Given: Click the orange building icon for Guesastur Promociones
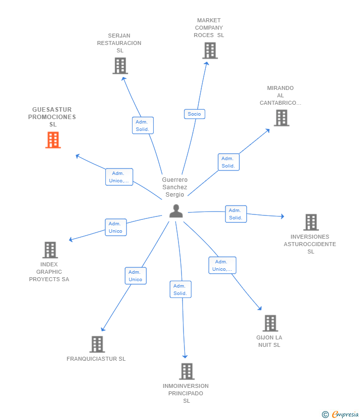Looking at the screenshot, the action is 53,140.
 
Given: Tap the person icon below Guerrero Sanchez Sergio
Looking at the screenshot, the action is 176,211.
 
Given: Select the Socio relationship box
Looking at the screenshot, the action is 195,114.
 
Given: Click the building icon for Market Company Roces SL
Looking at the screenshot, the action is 210,50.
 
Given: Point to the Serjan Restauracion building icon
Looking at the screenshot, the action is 120,66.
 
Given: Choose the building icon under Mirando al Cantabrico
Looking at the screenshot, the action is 281,118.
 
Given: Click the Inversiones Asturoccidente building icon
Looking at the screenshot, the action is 311,222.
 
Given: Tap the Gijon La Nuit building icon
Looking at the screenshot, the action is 270,323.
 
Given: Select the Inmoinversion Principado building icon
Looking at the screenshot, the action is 187,372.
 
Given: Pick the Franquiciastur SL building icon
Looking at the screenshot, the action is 97,344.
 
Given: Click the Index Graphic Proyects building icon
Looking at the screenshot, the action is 50,250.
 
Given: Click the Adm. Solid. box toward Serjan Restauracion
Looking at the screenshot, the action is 143,126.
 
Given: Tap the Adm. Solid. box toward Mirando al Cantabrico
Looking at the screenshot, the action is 228,162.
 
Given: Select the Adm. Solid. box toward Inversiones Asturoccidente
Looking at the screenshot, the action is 236,214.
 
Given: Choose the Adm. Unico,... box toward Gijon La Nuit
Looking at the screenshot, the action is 223,265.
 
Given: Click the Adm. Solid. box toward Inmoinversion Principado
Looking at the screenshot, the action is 180,290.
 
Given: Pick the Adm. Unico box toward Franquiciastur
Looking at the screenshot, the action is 135,276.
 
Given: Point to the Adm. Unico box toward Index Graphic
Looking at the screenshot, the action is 116,227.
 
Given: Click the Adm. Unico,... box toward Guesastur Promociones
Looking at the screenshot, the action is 119,177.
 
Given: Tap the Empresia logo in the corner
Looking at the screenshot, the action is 340,415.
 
